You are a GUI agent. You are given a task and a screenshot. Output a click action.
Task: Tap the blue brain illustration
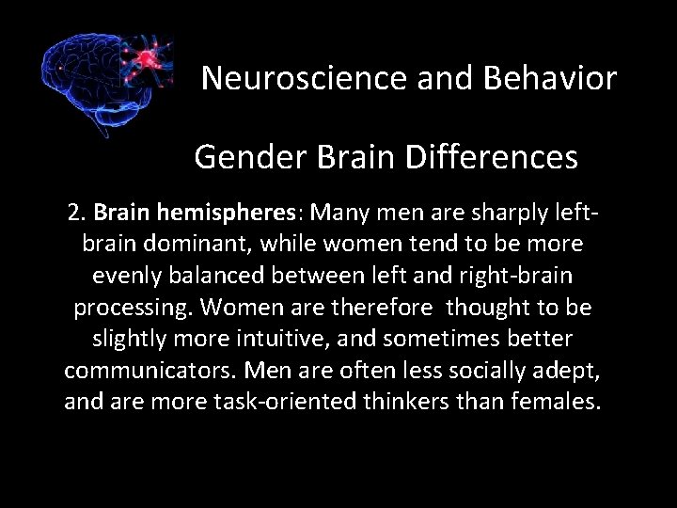pyautogui.click(x=89, y=80)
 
